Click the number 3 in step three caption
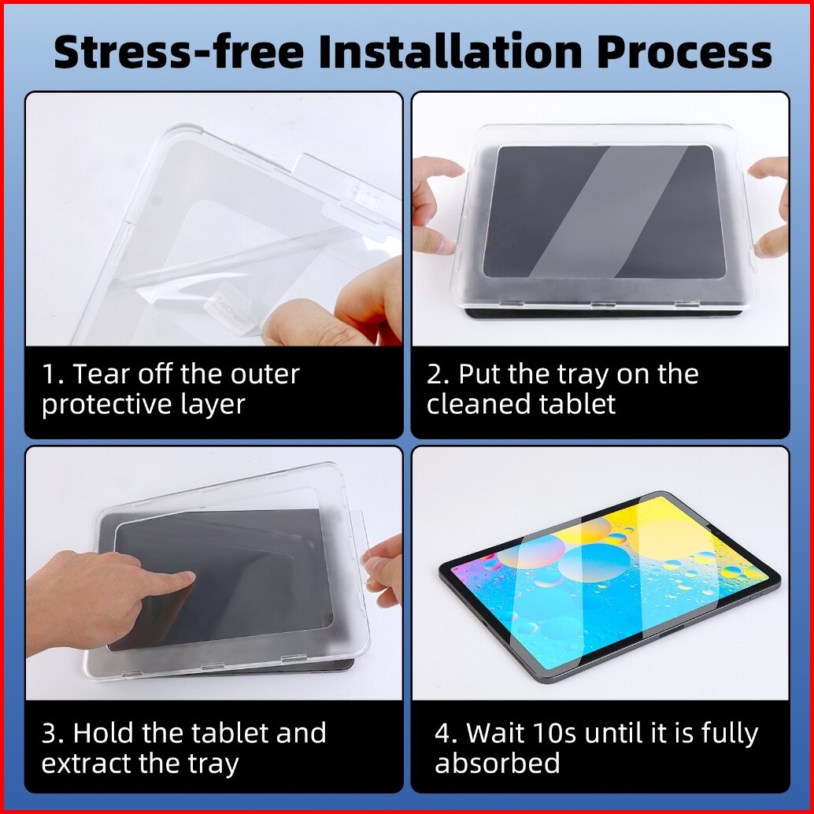[50, 733]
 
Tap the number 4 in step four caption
[444, 733]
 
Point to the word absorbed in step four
[498, 763]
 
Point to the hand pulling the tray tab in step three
[384, 571]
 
